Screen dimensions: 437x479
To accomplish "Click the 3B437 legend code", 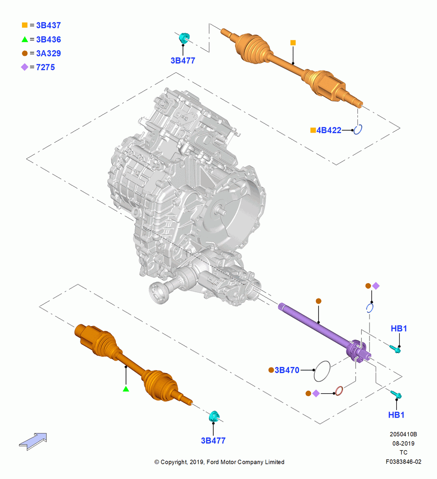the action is [48, 25].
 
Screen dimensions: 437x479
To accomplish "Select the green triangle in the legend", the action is [25, 39].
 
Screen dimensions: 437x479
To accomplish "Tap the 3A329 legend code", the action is [48, 54].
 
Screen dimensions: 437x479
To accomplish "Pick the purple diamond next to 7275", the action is [24, 67].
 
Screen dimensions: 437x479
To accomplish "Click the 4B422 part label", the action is [329, 130].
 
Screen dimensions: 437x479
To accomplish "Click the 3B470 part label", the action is [287, 370].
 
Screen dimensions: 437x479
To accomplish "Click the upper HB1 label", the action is [399, 329].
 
